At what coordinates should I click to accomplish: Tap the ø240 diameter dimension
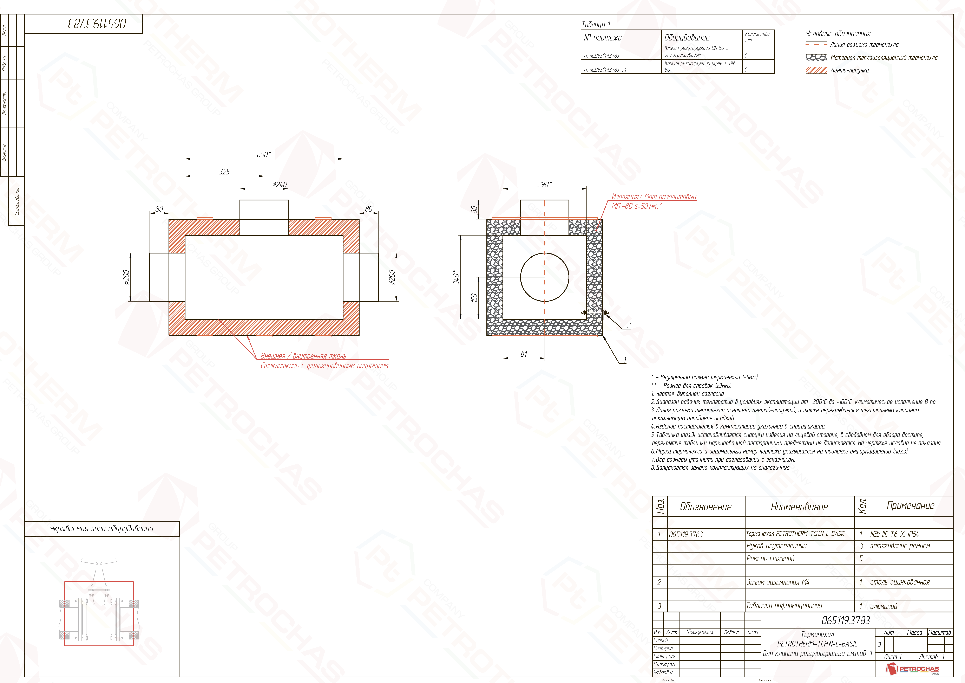click(280, 185)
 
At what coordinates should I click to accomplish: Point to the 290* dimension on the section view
click(544, 185)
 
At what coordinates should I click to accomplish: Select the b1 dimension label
click(524, 354)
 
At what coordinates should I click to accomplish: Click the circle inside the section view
click(545, 277)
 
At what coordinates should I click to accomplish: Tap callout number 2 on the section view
click(628, 326)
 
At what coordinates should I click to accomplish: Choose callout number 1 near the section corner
click(625, 360)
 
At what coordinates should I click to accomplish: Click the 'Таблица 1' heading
click(596, 24)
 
